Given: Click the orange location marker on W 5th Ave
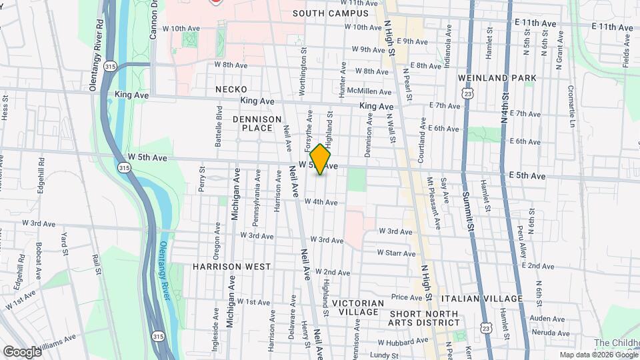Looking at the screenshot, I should (x=321, y=159).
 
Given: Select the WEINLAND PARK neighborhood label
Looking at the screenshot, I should (x=497, y=78).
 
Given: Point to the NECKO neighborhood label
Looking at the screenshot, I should (x=231, y=89).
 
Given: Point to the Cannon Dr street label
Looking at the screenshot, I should (x=153, y=20).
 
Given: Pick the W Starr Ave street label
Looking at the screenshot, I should (x=396, y=253).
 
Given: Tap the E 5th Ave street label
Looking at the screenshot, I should (x=527, y=176).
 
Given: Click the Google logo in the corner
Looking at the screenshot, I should (x=21, y=351).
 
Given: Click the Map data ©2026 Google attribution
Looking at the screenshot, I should (x=598, y=355).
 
